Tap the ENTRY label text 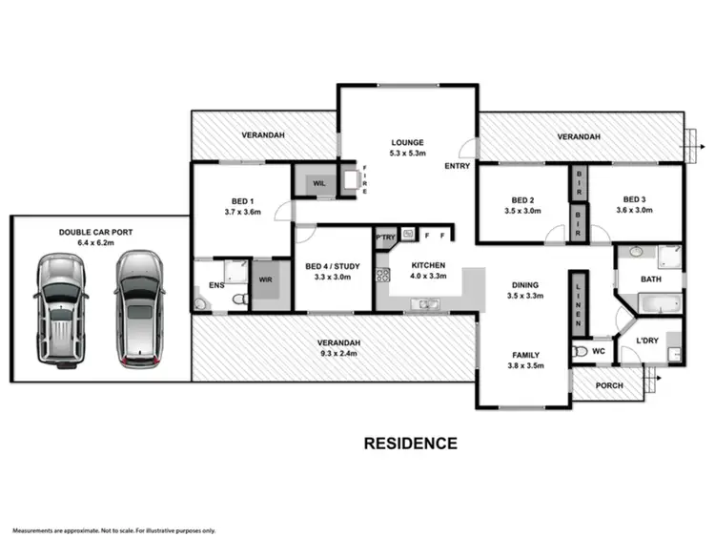pyautogui.click(x=457, y=166)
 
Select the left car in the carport pyautogui.click(x=60, y=309)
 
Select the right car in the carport pyautogui.click(x=138, y=308)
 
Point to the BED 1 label pyautogui.click(x=239, y=201)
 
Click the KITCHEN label pyautogui.click(x=428, y=266)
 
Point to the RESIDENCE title pyautogui.click(x=411, y=443)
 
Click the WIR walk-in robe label pyautogui.click(x=267, y=279)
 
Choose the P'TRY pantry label pyautogui.click(x=385, y=236)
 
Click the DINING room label pyautogui.click(x=524, y=284)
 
